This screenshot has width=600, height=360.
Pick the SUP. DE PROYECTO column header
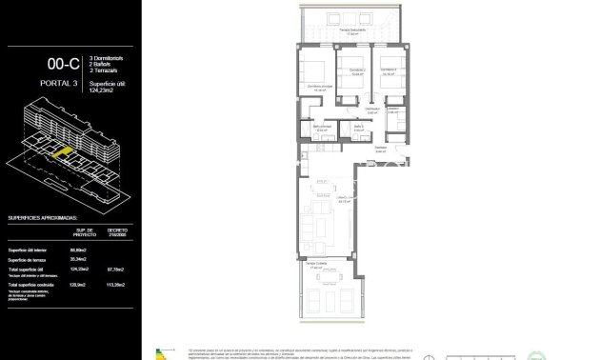click(x=84, y=231)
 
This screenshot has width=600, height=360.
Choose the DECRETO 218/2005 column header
click(x=117, y=231)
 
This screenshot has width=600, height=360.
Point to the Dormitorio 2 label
click(x=355, y=70)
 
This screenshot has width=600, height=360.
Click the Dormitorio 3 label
click(x=387, y=70)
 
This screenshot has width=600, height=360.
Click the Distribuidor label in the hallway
click(x=380, y=148)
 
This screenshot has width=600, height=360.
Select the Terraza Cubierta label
click(x=316, y=264)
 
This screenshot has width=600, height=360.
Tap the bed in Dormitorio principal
click(x=311, y=70)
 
